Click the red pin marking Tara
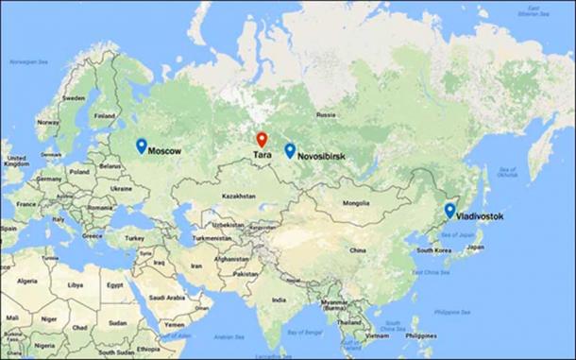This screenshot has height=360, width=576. pos(262,140)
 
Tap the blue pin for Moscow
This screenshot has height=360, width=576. pos(141,146)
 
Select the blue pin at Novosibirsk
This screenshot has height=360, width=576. pos(289,149)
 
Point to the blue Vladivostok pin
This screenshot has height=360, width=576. pos(449,210)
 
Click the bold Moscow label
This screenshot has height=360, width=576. pos(165,151)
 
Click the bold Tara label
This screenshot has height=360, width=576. pos(263,156)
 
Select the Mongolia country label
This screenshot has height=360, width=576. pos(356,203)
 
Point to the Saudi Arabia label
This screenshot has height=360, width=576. pos(171,298)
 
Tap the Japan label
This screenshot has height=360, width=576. pos(475,247)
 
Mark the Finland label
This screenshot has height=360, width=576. pos(104,116)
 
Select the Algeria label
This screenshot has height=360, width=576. pos(27,281)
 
